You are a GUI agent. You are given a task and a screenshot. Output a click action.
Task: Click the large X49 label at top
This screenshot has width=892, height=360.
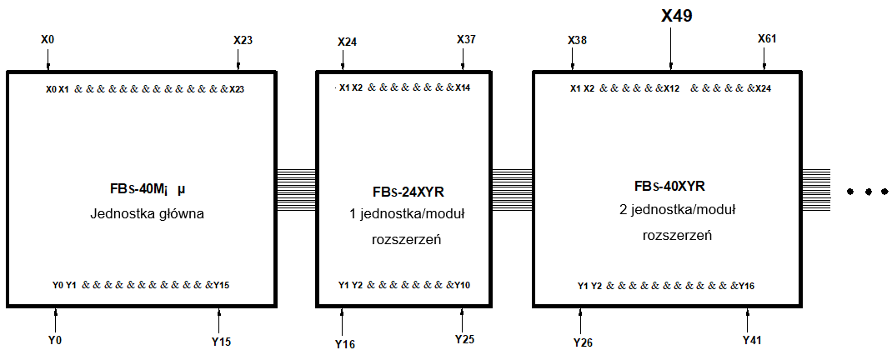click(x=676, y=16)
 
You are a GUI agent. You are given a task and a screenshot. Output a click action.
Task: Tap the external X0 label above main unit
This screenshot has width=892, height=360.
click(x=48, y=40)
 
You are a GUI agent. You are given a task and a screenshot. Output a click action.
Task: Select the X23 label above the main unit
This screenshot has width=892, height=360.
click(x=243, y=40)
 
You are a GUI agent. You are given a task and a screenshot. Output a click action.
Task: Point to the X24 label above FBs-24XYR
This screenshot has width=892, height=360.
click(x=347, y=42)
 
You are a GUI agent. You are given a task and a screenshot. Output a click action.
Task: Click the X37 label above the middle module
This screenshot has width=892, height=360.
click(x=467, y=39)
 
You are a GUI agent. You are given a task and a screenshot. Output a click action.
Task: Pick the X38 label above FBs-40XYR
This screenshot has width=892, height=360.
click(x=578, y=40)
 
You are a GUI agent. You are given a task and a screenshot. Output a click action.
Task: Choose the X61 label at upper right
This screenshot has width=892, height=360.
click(x=767, y=38)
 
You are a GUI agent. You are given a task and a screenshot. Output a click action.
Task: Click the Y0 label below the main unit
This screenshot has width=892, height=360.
click(x=55, y=341)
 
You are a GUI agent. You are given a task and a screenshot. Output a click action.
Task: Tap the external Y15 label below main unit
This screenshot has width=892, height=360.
click(x=221, y=342)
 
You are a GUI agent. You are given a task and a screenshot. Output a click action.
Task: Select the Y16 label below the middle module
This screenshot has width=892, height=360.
click(x=345, y=343)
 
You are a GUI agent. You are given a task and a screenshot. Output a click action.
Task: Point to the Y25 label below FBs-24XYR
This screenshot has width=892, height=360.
click(x=464, y=339)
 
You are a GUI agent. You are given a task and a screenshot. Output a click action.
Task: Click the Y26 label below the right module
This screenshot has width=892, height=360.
click(x=584, y=342)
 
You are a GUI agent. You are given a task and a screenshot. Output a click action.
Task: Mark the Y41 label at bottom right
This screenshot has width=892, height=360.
click(x=752, y=341)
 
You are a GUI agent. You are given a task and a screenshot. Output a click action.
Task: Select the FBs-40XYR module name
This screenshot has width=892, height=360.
click(x=669, y=187)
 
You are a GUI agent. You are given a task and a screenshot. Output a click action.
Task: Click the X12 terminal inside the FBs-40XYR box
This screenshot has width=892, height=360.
click(x=671, y=88)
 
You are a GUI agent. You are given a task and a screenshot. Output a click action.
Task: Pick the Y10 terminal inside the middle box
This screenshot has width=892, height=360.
click(x=462, y=284)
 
